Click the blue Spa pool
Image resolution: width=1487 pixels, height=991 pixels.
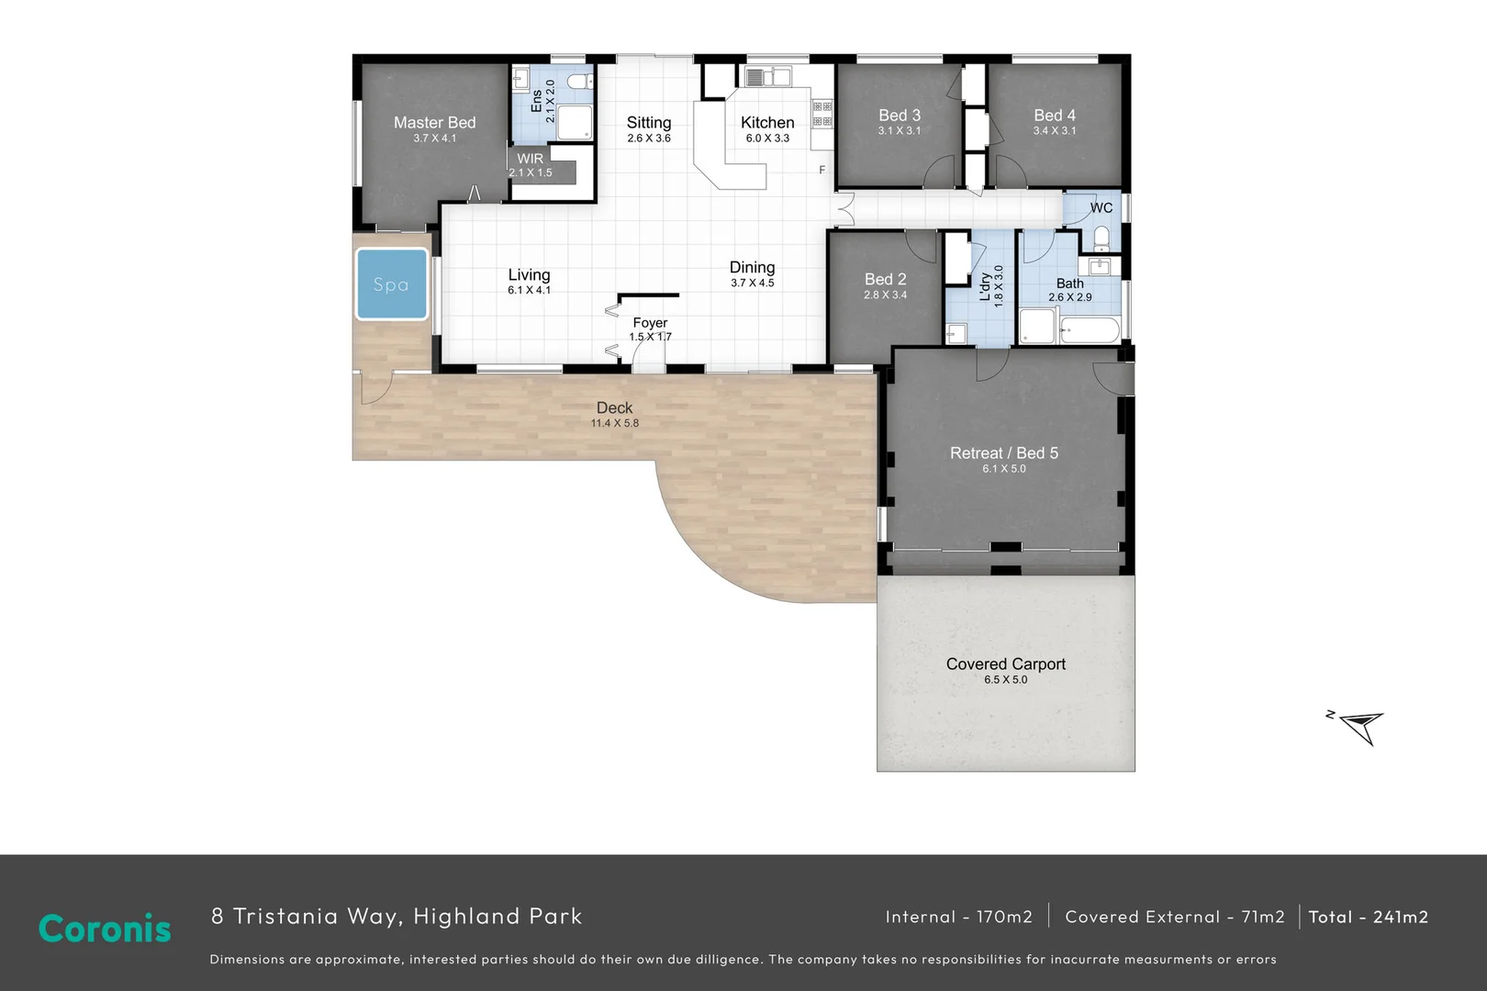tap(391, 284)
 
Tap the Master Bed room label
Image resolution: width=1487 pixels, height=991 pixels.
tap(434, 122)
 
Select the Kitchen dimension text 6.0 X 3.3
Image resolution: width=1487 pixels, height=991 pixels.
tap(767, 139)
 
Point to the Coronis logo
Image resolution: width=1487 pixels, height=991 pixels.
tap(105, 929)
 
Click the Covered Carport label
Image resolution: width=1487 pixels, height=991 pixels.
tap(1005, 663)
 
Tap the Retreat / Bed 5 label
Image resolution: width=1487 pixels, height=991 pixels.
tap(1003, 452)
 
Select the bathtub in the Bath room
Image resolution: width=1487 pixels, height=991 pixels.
tap(1090, 329)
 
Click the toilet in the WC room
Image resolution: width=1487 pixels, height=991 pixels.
tap(1101, 240)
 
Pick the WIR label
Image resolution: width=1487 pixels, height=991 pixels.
tap(530, 159)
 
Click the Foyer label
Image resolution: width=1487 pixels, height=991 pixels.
tap(650, 322)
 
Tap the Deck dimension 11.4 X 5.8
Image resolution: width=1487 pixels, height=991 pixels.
tap(614, 423)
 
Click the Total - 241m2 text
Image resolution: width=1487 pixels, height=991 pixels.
tap(1368, 917)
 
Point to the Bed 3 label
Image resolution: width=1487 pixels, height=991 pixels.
tap(899, 115)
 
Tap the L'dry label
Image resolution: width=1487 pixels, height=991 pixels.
tap(985, 286)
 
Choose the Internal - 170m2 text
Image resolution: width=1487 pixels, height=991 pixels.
tap(958, 917)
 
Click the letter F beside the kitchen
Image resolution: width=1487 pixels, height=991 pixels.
tap(822, 170)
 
